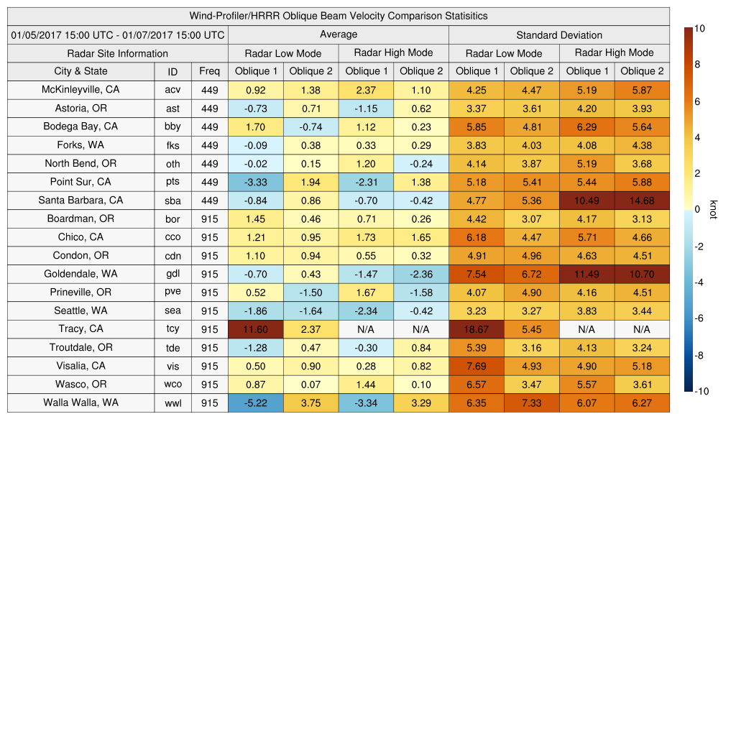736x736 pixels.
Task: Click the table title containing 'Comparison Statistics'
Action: tap(339, 16)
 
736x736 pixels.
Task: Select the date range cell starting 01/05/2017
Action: tap(118, 34)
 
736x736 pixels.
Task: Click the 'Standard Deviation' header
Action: tap(559, 35)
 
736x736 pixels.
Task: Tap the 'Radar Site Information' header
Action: tap(118, 53)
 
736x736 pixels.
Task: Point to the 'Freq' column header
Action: tap(209, 71)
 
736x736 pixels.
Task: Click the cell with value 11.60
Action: tap(255, 329)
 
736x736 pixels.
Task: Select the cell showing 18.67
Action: tap(476, 329)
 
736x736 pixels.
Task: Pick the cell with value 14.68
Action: tap(642, 201)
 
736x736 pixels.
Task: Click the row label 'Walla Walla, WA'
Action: tap(80, 402)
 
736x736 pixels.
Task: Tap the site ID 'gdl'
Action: tap(172, 274)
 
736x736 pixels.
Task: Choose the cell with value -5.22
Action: tap(255, 403)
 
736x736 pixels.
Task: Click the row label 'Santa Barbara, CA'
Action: tap(80, 201)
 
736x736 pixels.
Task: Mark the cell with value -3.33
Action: tap(255, 182)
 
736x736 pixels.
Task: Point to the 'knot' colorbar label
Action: tap(713, 209)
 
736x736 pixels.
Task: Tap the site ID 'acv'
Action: tap(172, 90)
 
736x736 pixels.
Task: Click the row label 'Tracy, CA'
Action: tap(80, 328)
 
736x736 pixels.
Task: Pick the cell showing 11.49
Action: tap(586, 274)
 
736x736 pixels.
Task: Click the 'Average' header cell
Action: tap(338, 34)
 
